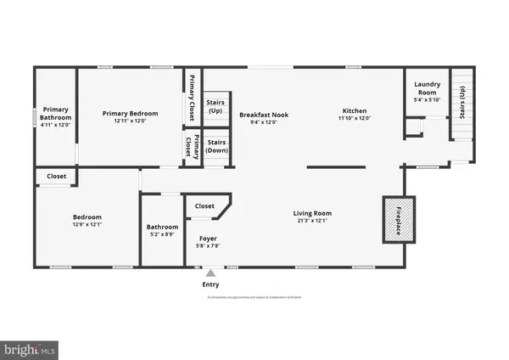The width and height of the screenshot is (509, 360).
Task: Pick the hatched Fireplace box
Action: point(400,218)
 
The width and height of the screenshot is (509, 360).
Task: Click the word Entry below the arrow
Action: point(210,284)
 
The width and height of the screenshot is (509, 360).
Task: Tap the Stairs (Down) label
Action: point(217,146)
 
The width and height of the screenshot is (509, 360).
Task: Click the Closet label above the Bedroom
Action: point(56,177)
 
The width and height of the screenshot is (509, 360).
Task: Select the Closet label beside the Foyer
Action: point(204,205)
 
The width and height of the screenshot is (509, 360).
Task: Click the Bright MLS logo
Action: point(31,349)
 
